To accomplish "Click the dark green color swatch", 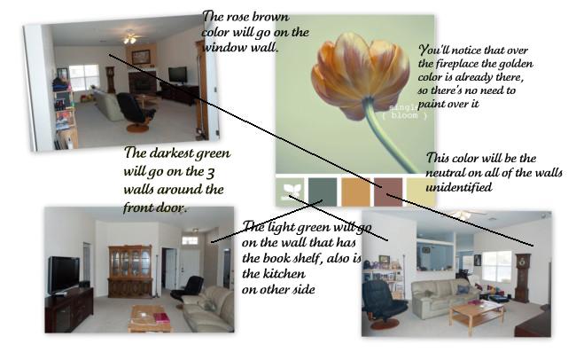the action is (323, 192).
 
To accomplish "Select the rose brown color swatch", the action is (388, 192).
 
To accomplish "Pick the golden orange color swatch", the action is (355, 192).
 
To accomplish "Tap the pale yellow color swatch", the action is (421, 192).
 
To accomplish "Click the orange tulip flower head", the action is (360, 75).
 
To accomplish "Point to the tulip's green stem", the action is (391, 139).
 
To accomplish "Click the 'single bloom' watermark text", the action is (404, 112).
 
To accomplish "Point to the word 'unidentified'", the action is (458, 187).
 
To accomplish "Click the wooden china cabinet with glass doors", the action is (130, 271).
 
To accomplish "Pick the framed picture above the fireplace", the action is (141, 57).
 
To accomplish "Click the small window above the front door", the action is (190, 240).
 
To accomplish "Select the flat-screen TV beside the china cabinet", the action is (64, 275).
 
